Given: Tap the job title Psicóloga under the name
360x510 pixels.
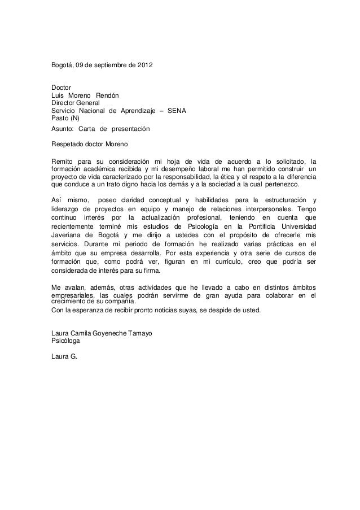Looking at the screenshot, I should [65, 341].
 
